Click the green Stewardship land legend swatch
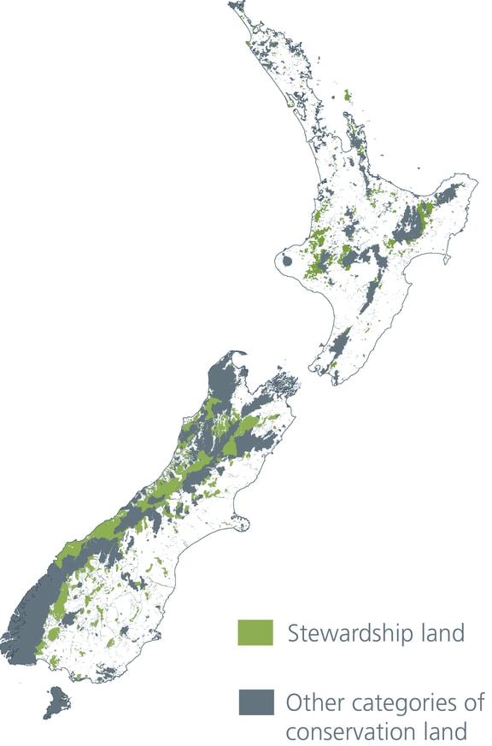click(255, 633)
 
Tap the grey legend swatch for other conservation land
click(255, 702)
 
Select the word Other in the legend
click(309, 703)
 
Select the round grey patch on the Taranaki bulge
click(288, 261)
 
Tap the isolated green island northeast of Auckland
click(347, 96)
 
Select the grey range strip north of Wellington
click(341, 346)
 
